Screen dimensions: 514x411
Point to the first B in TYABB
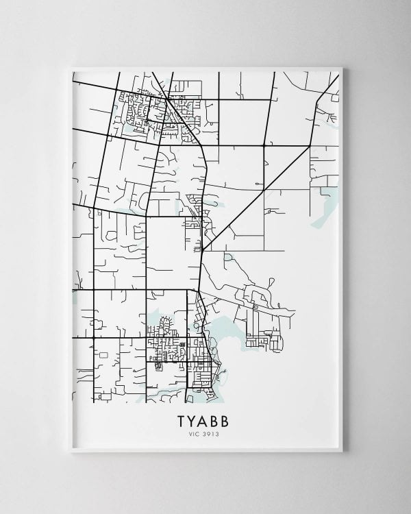(219, 419)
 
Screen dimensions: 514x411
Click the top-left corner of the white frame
(71, 67)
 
